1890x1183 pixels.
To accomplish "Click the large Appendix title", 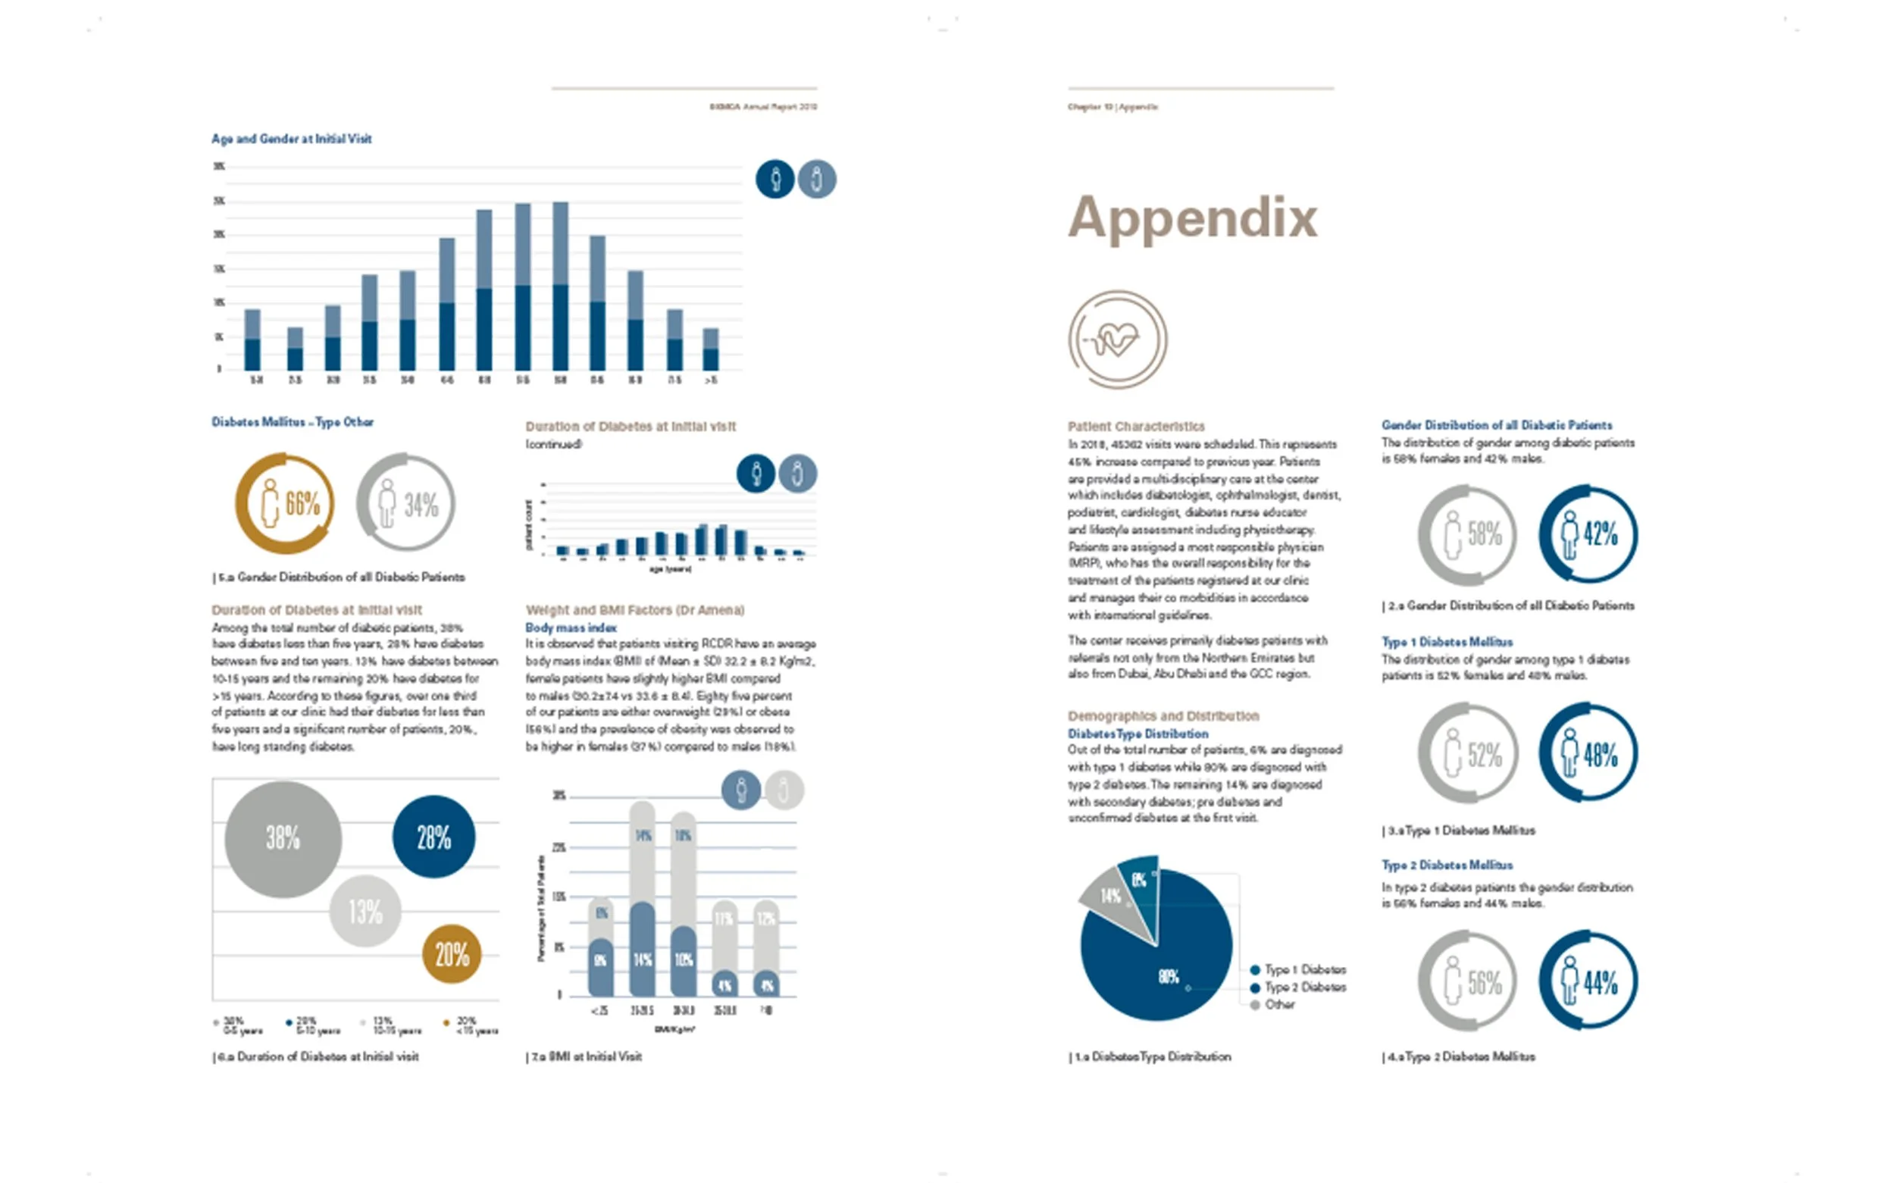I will (x=1192, y=218).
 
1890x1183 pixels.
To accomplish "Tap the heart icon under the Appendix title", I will (x=1117, y=340).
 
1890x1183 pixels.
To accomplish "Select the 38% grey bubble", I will (x=283, y=839).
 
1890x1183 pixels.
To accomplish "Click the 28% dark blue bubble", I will (x=433, y=837).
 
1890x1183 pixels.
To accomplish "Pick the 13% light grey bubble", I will (x=365, y=912).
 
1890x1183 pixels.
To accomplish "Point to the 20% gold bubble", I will (x=452, y=954).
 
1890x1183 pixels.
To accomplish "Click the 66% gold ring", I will (x=285, y=503).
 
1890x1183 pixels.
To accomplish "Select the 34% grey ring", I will (x=405, y=503).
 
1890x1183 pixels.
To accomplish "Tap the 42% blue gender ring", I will (x=1588, y=534).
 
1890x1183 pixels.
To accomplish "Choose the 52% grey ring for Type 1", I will (x=1468, y=753).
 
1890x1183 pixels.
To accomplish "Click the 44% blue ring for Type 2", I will (x=1588, y=981).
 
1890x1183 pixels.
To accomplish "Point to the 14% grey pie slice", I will (x=1112, y=897).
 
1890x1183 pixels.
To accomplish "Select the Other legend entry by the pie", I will (x=1279, y=1005).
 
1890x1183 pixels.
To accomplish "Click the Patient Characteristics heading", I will (x=1136, y=427).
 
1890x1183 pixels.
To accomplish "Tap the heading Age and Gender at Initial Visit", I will (x=291, y=139).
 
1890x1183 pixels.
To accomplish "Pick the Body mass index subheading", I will (x=571, y=627).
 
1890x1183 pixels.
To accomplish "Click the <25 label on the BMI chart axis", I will (x=599, y=1011).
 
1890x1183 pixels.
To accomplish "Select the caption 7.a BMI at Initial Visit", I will (x=584, y=1056).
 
